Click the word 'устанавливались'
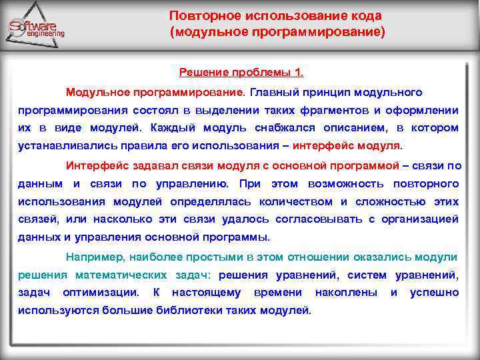(x=61, y=146)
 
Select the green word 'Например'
(x=91, y=256)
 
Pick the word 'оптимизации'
(x=101, y=292)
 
